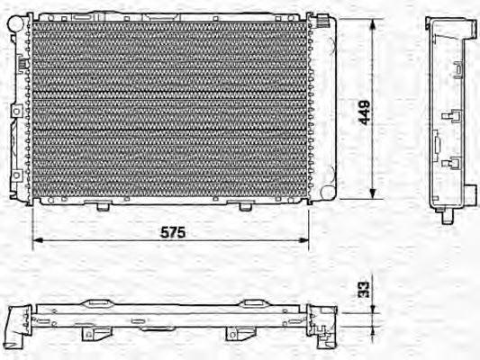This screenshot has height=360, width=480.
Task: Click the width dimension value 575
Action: tap(172, 232)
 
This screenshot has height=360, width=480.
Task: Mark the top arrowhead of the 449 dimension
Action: tap(371, 20)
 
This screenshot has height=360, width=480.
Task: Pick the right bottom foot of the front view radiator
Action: tap(244, 206)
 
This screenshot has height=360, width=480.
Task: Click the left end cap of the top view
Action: tap(15, 325)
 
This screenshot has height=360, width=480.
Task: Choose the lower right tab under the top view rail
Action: tap(236, 335)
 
